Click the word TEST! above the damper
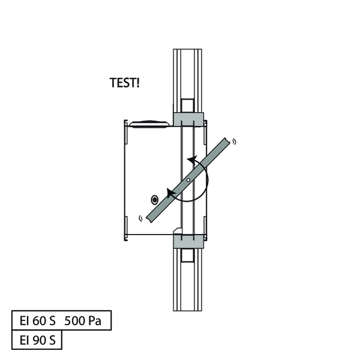[x=124, y=83]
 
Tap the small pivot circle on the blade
[x=188, y=180]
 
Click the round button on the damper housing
[x=155, y=200]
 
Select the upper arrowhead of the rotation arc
[x=192, y=159]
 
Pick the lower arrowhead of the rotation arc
[x=171, y=193]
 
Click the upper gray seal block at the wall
[x=188, y=119]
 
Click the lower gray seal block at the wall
[x=188, y=241]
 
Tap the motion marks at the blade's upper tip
[x=234, y=142]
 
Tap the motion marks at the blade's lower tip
[x=141, y=218]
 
